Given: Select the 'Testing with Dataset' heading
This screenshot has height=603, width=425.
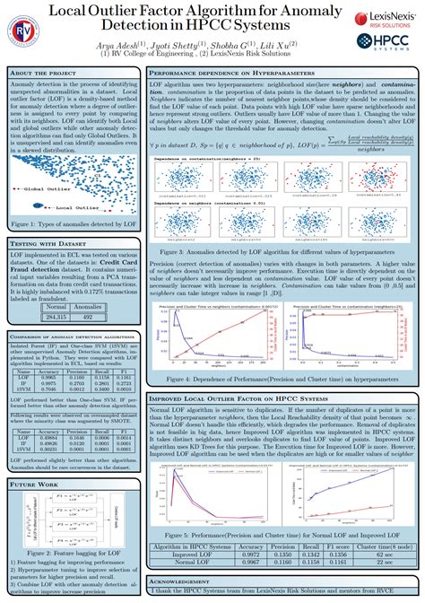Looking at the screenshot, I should [46, 242].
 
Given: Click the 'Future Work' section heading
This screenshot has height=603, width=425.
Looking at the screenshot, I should [35, 484].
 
